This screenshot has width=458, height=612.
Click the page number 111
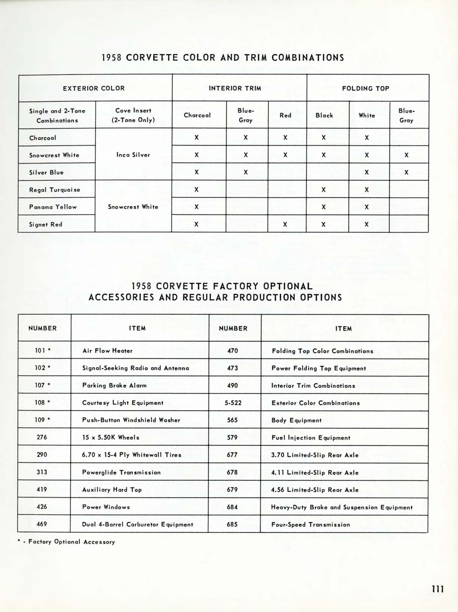tap(437, 589)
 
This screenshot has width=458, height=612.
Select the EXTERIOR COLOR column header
tap(93, 88)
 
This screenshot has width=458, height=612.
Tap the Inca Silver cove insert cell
tap(133, 155)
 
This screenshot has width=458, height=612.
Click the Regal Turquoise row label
tap(55, 189)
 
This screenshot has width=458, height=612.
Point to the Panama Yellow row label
tap(53, 207)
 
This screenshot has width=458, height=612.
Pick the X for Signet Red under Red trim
tap(285, 224)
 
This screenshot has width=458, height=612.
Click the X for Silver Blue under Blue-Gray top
tap(406, 172)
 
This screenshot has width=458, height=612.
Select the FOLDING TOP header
tap(365, 88)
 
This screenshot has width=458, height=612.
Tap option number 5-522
tap(233, 403)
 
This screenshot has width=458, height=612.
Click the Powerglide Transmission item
tap(121, 472)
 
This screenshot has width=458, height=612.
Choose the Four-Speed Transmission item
tap(310, 524)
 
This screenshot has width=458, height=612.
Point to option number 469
tap(42, 524)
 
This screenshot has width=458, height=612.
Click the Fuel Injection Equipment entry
tap(311, 438)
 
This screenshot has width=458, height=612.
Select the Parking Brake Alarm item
tap(114, 385)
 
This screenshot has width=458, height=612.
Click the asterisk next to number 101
tap(49, 351)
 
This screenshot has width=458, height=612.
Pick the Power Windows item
tap(106, 507)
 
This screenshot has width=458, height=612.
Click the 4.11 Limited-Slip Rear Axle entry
tap(315, 473)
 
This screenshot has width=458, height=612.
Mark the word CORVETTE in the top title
tap(152, 58)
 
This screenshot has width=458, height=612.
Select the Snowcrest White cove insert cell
tap(133, 207)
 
